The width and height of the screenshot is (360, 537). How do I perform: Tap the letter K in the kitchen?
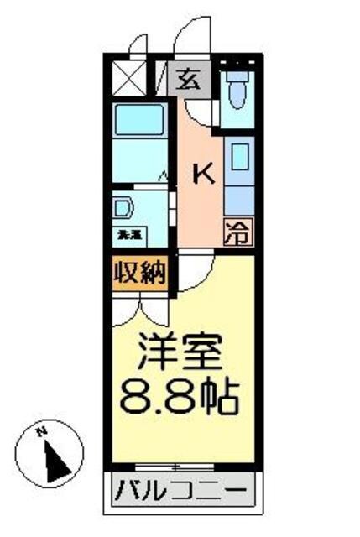click(x=205, y=174)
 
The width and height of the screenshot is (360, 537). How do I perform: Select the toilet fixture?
click(x=237, y=92)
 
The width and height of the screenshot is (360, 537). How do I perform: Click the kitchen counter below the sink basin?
click(x=238, y=197)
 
